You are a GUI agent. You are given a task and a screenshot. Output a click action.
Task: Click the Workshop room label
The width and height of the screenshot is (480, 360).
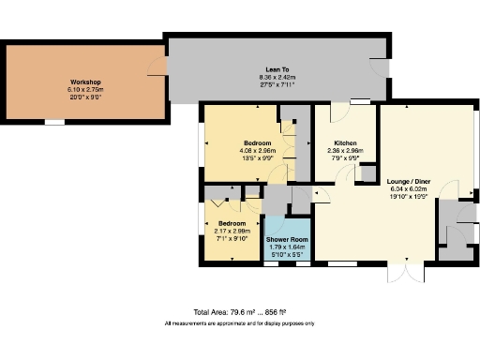point(85,82)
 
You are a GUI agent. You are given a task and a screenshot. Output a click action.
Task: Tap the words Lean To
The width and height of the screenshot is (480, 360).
point(277,68)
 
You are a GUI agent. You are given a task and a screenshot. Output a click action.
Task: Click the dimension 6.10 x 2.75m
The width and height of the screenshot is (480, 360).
point(85,89)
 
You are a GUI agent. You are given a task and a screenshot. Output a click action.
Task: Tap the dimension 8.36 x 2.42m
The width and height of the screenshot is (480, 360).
point(277,76)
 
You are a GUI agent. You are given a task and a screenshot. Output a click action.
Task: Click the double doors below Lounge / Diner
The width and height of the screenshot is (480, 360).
point(404,274)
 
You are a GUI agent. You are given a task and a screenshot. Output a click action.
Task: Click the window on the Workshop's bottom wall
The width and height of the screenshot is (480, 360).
point(56,122)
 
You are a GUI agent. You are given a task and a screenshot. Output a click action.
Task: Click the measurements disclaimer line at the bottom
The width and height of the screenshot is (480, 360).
point(240,322)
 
